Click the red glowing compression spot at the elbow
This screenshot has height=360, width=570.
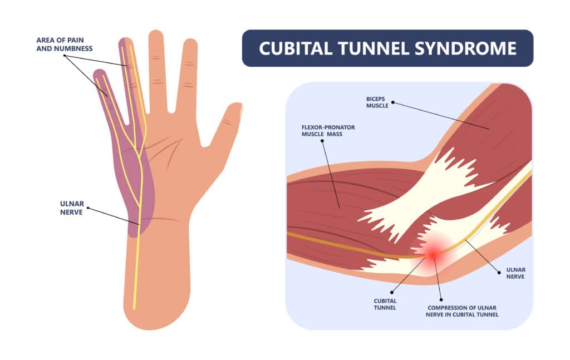(433, 254)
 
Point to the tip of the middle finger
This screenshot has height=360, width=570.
(156, 34)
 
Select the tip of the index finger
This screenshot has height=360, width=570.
(190, 43)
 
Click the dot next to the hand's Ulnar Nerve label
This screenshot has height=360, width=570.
(88, 209)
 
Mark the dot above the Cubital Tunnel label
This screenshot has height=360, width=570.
(391, 292)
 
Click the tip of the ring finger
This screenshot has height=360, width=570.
(125, 42)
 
